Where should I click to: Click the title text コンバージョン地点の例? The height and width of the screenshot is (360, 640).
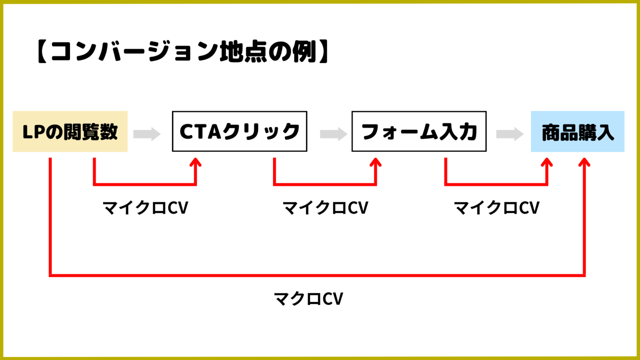tap(183, 52)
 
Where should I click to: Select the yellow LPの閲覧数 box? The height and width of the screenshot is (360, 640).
tap(70, 132)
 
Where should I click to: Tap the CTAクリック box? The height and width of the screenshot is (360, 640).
tap(240, 132)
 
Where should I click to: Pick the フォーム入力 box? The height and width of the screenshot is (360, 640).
tap(419, 132)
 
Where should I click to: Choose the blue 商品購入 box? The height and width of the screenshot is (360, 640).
tap(577, 132)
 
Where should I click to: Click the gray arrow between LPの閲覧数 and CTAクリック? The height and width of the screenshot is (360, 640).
tap(147, 134)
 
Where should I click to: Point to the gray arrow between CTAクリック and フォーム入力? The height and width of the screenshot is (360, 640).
tap(333, 134)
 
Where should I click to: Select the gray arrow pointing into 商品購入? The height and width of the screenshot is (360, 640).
tap(510, 134)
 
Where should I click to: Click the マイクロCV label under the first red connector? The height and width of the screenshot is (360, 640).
tap(145, 207)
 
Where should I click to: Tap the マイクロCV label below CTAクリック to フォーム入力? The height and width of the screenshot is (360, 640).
tap(325, 207)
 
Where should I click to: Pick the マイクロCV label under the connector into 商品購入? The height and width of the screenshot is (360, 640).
tap(497, 207)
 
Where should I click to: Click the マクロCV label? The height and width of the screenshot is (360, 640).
tap(308, 299)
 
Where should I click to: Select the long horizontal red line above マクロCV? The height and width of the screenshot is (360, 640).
tap(317, 275)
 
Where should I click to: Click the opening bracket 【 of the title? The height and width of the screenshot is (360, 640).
tap(42, 52)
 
